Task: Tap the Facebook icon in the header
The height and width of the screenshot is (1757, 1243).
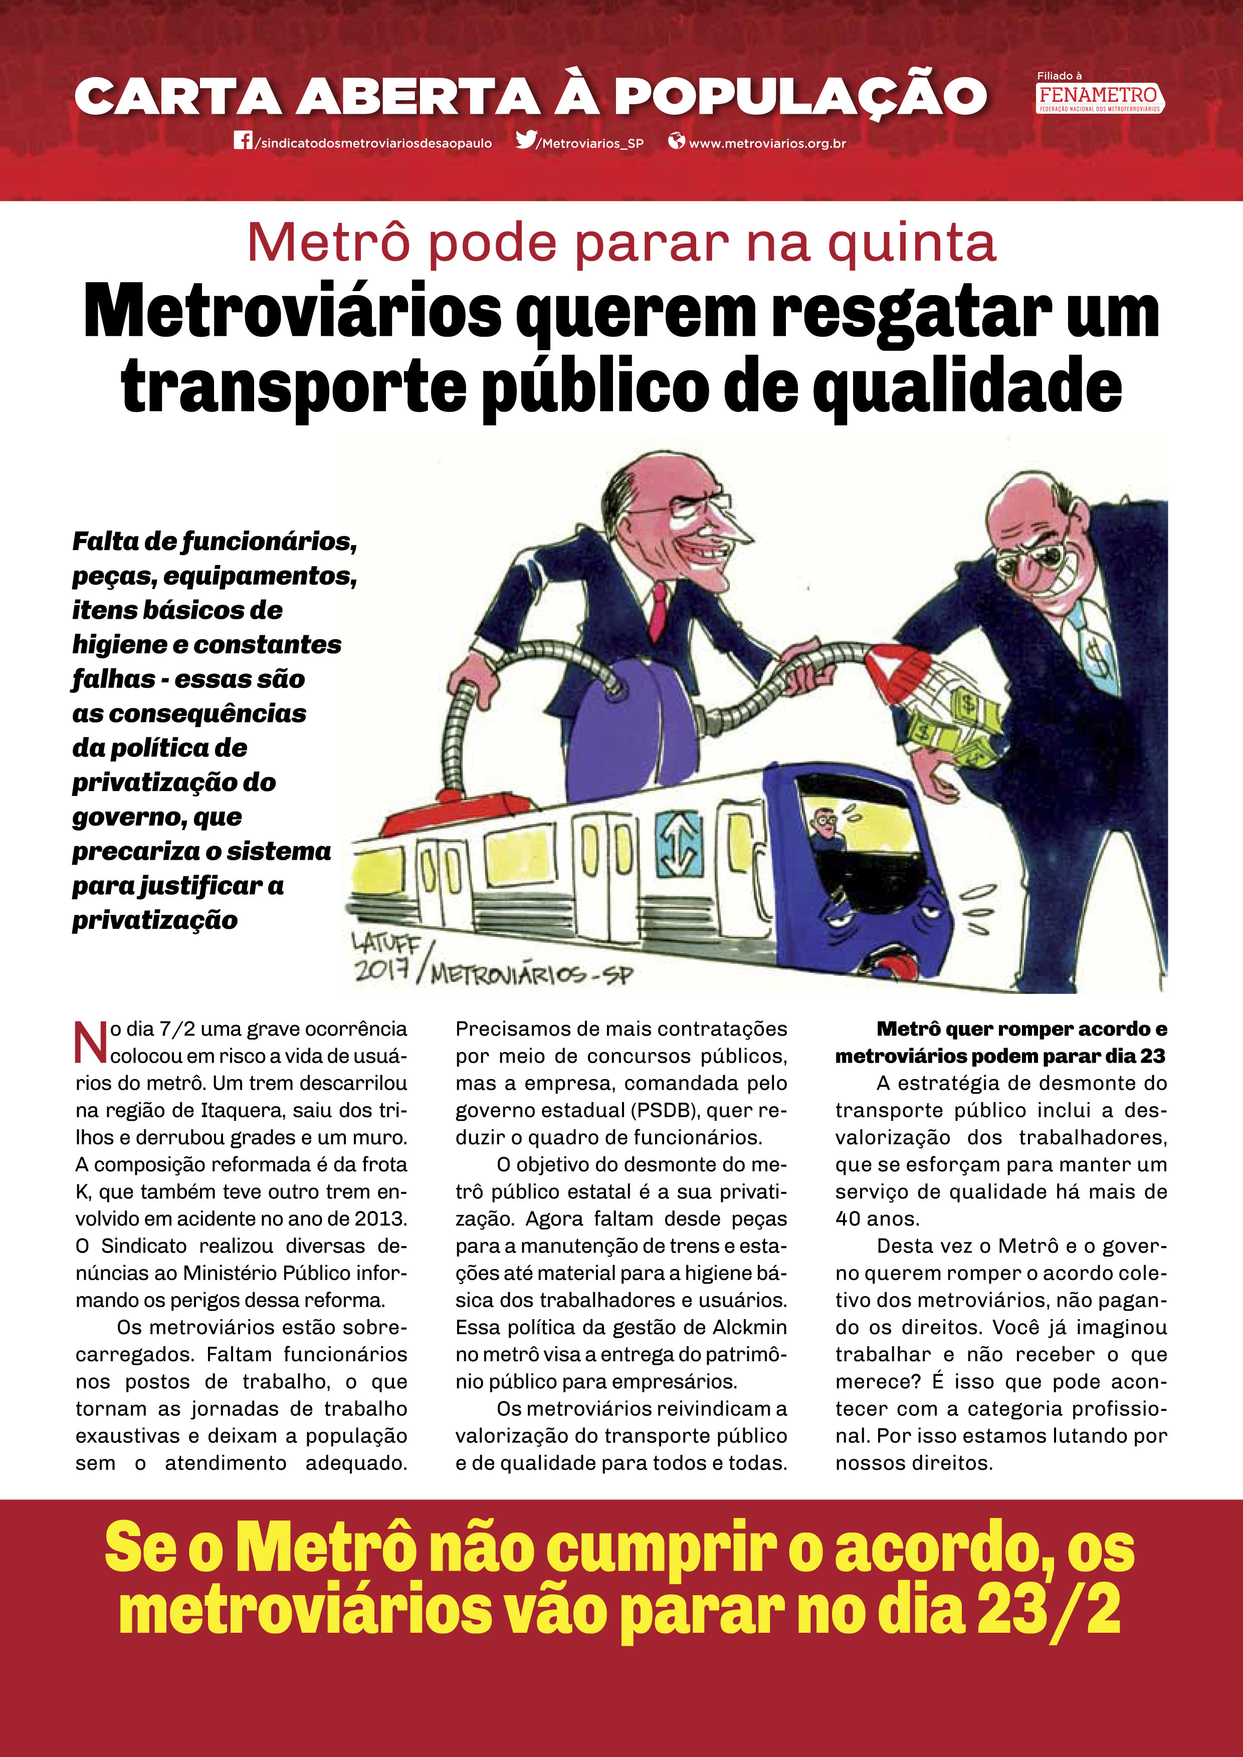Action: point(243,141)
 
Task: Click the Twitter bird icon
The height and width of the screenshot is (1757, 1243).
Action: point(526,140)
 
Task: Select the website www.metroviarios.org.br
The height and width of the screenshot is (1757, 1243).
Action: point(767,143)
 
